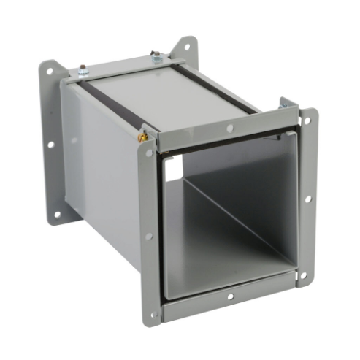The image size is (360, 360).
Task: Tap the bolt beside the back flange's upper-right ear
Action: coord(157,56)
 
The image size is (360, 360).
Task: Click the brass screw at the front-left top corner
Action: coord(144,135)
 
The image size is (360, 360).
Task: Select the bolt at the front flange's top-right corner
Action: coord(283,104)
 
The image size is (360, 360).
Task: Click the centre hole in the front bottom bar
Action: coord(231,297)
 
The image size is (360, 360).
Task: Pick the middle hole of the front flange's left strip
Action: coord(149,236)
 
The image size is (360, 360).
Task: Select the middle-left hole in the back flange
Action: coord(52,143)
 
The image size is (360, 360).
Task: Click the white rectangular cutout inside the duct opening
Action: coord(173,169)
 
